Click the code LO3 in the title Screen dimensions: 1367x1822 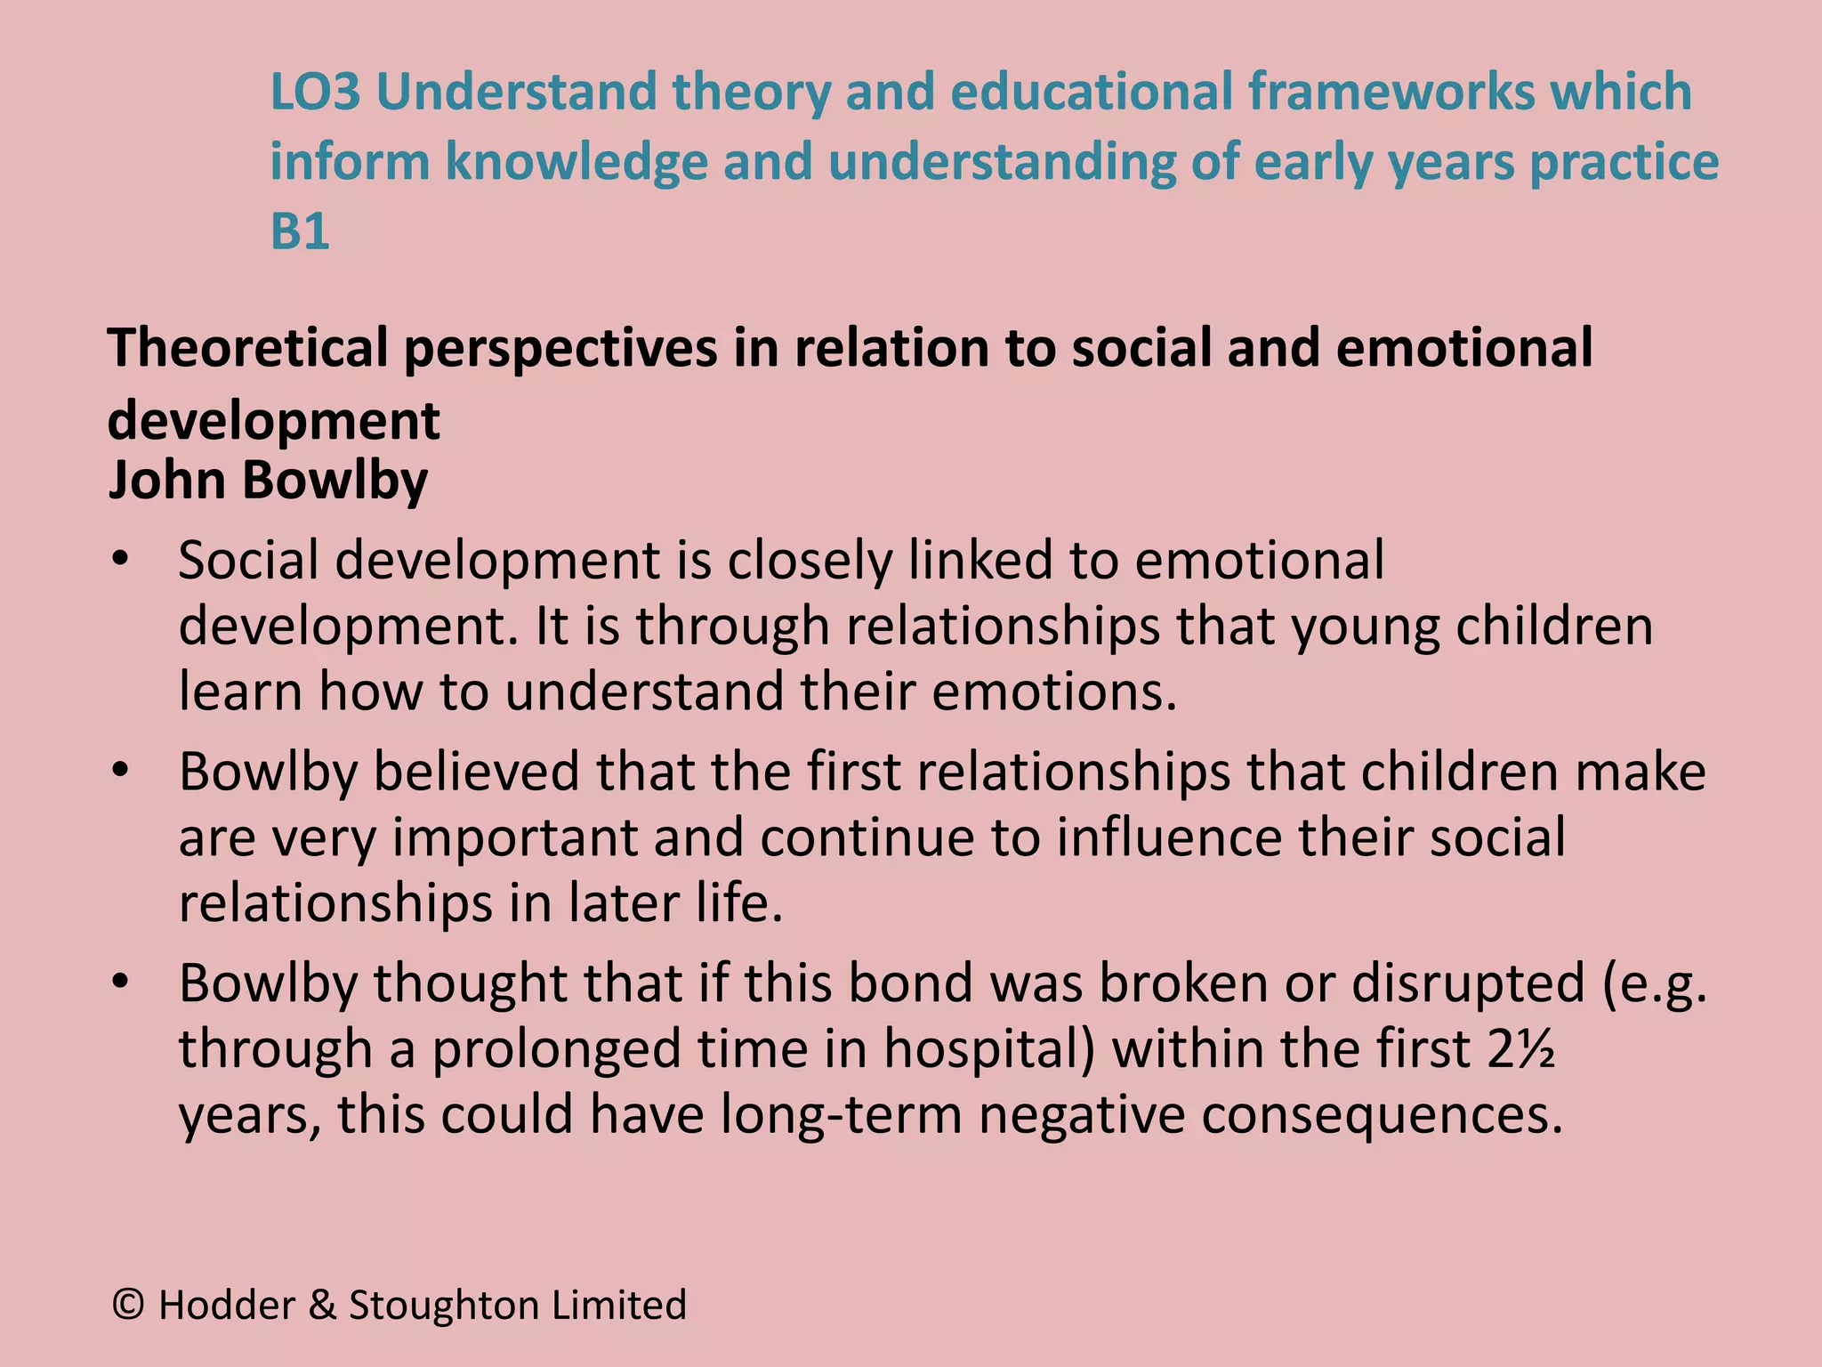(x=315, y=92)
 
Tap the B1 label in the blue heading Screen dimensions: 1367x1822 (x=300, y=231)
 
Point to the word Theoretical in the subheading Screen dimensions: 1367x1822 (x=248, y=348)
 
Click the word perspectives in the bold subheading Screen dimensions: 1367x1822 (x=560, y=348)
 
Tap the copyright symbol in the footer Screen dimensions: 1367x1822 (x=129, y=1305)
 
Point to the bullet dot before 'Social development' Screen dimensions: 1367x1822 (x=121, y=561)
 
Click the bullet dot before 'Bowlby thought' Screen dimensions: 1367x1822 (x=121, y=983)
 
